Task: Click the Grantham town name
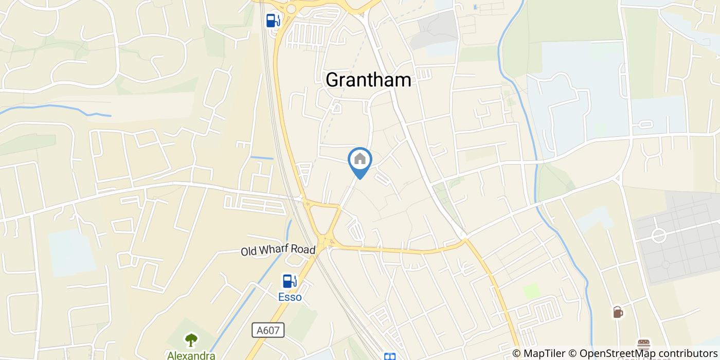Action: pos(368,80)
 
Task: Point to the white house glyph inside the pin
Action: pos(360,159)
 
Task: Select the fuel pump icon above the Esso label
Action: pos(290,281)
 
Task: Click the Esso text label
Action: pos(290,297)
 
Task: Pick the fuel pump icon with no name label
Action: pos(273,20)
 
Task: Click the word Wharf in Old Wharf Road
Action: pos(278,251)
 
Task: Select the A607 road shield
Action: pos(268,330)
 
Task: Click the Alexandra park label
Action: pos(191,355)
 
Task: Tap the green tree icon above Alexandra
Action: pos(191,340)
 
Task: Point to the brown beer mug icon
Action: pos(618,312)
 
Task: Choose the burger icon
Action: pos(643,344)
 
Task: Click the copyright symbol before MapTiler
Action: pos(517,353)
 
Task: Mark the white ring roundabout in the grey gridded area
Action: pos(659,236)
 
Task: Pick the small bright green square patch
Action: pos(532,291)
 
